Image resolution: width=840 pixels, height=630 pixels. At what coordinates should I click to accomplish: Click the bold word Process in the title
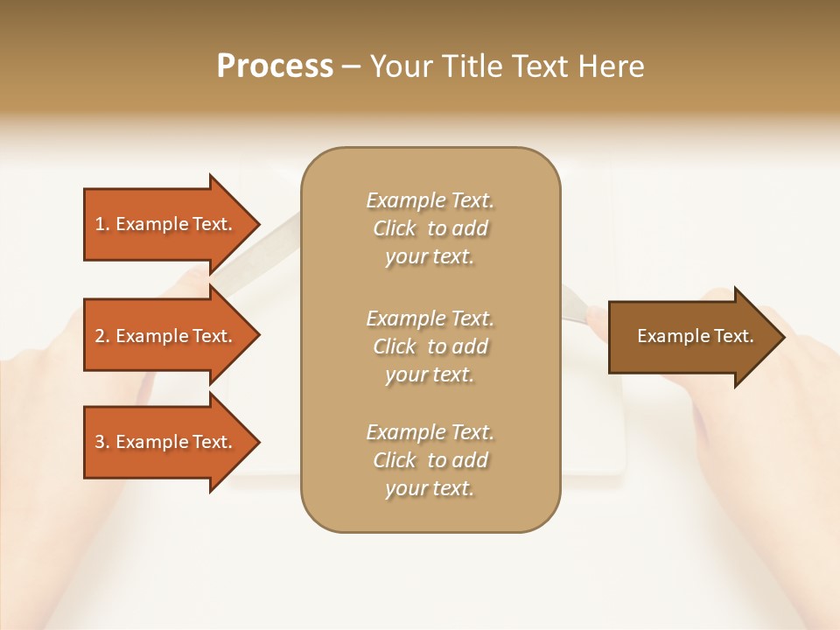[x=275, y=66]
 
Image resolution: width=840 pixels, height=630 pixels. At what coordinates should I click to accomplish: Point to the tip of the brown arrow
[x=782, y=337]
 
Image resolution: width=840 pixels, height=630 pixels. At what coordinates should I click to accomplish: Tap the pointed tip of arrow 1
[x=257, y=224]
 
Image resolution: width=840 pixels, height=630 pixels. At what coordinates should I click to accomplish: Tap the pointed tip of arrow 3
[x=257, y=442]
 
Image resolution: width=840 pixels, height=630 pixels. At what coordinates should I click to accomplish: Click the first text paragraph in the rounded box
[x=430, y=228]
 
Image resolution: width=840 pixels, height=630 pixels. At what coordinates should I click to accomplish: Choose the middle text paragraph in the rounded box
[x=430, y=346]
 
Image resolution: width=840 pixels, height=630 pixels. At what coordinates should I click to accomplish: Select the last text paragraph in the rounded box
[x=430, y=460]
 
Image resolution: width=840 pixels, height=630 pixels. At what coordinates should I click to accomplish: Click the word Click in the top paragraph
[x=394, y=228]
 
